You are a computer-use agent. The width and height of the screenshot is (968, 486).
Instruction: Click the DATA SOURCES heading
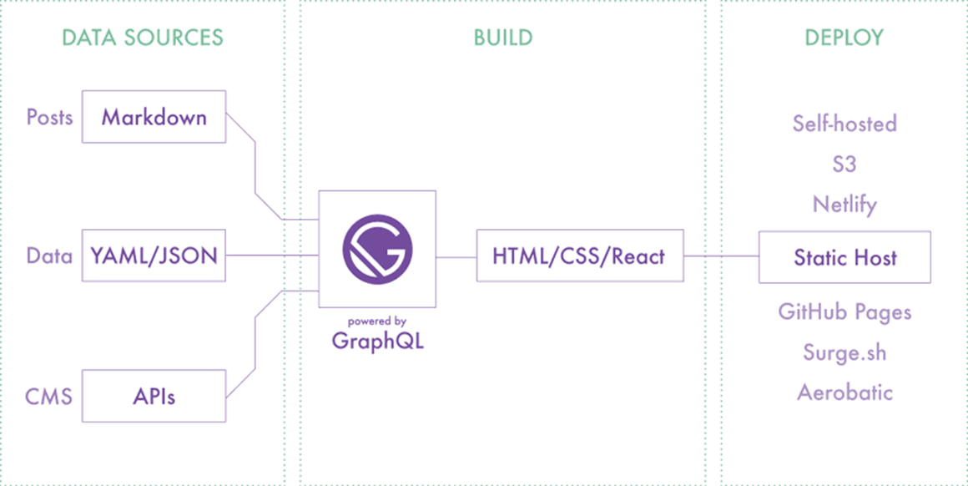143,38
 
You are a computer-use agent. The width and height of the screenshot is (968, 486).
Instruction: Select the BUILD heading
502,38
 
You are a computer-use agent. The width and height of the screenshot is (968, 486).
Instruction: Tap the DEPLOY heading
844,38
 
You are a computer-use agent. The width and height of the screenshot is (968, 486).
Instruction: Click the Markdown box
154,117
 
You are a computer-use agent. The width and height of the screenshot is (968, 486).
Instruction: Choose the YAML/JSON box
154,256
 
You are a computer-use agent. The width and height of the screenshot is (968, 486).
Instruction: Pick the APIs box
154,396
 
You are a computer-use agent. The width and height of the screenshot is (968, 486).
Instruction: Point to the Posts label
49,117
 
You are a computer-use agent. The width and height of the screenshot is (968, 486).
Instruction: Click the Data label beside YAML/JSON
49,256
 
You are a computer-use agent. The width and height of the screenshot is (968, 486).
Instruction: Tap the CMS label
48,396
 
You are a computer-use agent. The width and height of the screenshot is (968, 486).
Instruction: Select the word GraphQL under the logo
377,341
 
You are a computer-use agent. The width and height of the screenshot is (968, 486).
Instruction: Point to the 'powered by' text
377,321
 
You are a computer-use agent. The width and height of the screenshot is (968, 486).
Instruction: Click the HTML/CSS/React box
579,256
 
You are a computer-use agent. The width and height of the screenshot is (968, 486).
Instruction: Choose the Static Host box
844,257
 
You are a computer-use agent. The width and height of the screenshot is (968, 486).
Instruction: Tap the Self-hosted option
844,124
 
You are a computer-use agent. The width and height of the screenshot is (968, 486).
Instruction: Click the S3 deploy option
844,164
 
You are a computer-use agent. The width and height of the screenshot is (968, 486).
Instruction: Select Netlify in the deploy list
844,204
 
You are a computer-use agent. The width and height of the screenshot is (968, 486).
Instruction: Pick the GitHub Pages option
844,312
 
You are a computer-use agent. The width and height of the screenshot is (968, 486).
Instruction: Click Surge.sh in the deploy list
844,352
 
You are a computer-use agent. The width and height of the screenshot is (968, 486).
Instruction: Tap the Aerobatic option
844,392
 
